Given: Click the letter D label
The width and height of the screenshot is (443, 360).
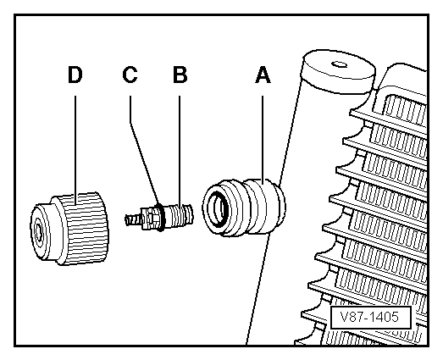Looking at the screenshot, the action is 75,75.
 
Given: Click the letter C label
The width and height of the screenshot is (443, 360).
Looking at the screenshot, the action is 130,75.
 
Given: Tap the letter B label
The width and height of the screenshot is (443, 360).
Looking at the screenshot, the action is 180,75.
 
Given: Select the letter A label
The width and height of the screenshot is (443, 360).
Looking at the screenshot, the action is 263,75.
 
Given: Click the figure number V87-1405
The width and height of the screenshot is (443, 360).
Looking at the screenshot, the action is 369,317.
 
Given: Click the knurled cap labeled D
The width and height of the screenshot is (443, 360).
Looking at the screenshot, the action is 69,229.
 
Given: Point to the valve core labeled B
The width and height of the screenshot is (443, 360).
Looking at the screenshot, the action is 159,217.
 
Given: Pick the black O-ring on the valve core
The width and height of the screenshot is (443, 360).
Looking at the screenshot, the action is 160,217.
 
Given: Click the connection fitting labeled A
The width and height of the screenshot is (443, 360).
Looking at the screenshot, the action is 244,208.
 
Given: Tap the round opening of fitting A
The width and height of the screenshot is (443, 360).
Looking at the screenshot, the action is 218,208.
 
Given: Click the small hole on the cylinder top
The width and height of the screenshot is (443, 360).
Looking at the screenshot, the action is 340,64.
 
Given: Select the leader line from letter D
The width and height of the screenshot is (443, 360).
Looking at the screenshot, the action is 75,150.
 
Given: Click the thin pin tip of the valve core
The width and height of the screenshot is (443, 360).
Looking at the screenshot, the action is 132,220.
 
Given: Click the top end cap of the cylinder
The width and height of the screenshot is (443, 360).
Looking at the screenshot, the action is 339,70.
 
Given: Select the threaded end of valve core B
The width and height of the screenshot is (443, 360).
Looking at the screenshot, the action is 184,215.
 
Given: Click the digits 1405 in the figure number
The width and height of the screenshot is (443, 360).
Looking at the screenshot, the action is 384,317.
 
